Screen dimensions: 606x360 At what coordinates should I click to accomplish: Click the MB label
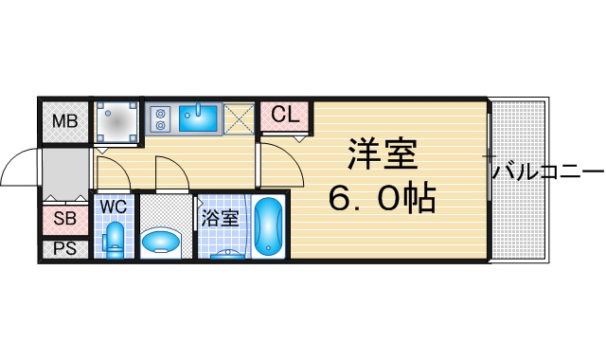(x=65, y=121)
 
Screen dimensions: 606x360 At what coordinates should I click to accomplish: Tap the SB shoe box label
(x=65, y=219)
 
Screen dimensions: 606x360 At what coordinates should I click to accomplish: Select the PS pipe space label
(x=65, y=248)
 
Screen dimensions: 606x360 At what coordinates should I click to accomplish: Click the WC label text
(x=114, y=207)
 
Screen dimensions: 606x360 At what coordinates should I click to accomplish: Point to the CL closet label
(x=285, y=115)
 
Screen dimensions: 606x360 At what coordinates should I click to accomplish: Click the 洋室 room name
(x=383, y=153)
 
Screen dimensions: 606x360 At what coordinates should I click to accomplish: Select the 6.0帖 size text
(x=383, y=198)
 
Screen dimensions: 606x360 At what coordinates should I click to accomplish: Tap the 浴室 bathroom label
(x=219, y=219)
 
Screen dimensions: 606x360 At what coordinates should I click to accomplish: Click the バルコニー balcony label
(x=548, y=172)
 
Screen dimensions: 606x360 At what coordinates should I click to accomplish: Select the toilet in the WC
(x=115, y=240)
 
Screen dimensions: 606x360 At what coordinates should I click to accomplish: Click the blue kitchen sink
(x=198, y=117)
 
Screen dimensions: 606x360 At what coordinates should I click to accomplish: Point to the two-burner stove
(x=161, y=118)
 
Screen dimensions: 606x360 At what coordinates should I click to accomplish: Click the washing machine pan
(x=117, y=122)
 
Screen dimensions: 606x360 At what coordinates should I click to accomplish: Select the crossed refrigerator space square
(x=239, y=118)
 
